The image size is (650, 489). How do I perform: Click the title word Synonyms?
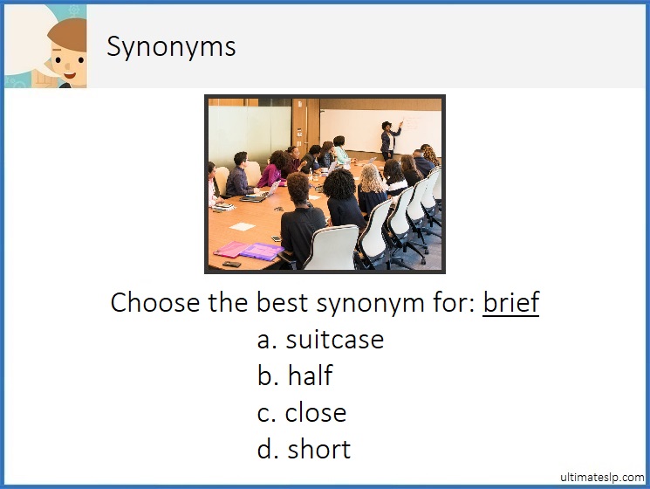(171, 46)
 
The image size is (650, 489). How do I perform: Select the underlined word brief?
(510, 302)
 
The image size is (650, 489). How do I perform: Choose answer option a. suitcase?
(320, 339)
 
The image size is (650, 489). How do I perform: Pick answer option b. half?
(295, 375)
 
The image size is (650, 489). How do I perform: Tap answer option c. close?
(302, 412)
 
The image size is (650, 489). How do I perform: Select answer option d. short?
(304, 449)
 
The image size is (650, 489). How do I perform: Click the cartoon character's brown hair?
(66, 31)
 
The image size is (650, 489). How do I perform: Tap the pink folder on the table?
(232, 248)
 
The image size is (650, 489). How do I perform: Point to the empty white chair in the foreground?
(332, 248)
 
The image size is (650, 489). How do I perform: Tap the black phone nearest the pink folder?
(231, 263)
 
